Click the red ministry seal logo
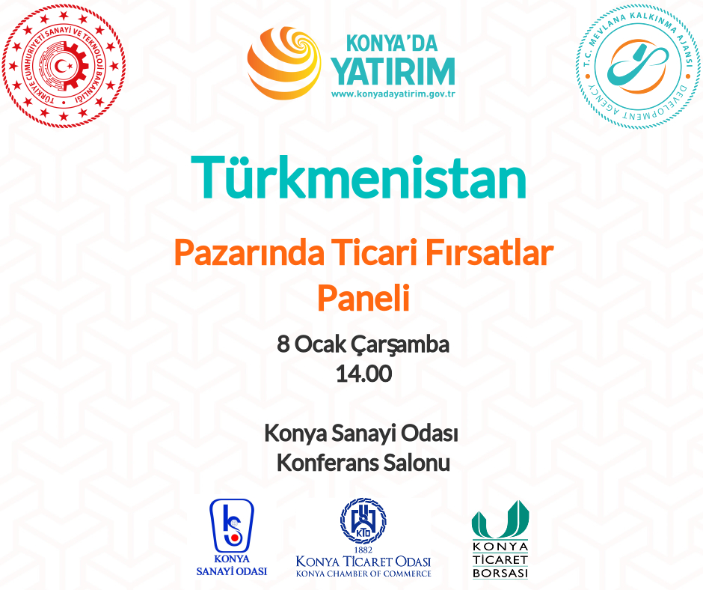(64, 67)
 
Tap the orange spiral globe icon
(283, 63)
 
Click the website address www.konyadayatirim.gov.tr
(393, 94)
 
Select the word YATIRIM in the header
(393, 71)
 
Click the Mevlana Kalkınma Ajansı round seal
(638, 67)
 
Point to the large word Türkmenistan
(359, 177)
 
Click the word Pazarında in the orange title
(249, 253)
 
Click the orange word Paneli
(363, 298)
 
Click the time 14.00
(363, 374)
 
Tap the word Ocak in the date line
(320, 344)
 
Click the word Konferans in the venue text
(328, 463)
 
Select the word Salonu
(417, 463)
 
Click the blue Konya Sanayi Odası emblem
(232, 526)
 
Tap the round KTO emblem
(363, 521)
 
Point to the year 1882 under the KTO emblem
(363, 550)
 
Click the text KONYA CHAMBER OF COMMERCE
(363, 574)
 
